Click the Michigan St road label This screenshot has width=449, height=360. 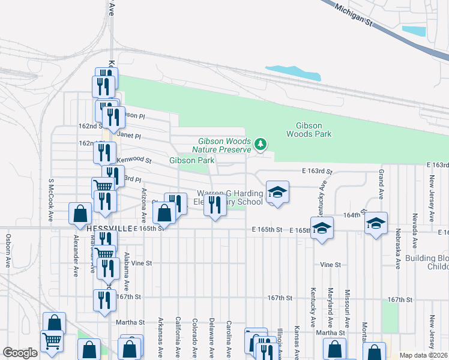point(354,13)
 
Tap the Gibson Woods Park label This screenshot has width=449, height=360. point(313,130)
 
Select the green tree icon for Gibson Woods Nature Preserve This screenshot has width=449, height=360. point(261,144)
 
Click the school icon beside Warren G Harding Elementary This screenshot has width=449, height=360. point(277,193)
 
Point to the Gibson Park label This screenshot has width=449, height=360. point(191,160)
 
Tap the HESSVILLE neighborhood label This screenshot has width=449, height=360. point(107,229)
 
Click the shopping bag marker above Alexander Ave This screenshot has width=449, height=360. point(80,214)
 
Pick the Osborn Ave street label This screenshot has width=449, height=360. point(8,250)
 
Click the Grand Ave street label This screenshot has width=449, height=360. point(381,184)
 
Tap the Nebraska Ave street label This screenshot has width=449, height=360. point(397,248)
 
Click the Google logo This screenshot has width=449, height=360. point(20,353)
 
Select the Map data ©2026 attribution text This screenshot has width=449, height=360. point(423,355)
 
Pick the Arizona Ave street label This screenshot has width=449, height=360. point(144,203)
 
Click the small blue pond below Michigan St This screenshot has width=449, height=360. point(413,30)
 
